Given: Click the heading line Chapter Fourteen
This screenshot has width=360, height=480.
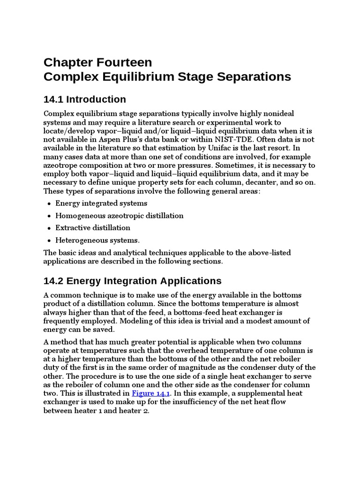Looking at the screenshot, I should point(97,62).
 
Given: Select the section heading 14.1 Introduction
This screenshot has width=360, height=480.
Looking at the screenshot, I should point(84,99).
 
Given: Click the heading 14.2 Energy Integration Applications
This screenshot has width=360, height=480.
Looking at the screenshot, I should point(132,281).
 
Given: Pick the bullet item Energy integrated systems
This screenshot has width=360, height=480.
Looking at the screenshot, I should point(101,203).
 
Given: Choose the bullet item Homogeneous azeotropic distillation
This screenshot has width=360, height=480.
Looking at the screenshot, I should point(119,216).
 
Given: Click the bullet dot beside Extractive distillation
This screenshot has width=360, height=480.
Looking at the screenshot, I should point(49,228).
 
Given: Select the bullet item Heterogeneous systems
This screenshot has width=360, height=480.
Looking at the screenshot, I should point(97,240).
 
